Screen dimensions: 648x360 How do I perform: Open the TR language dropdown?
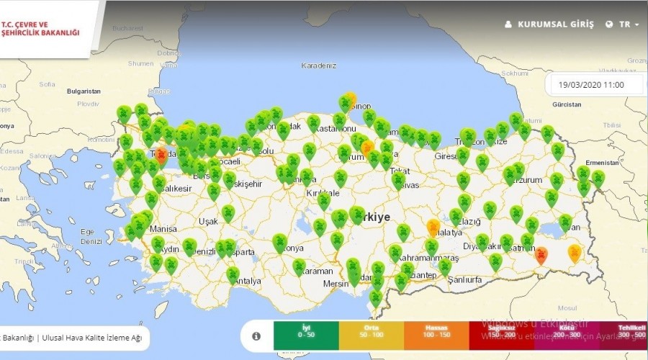pyautogui.click(x=623, y=24)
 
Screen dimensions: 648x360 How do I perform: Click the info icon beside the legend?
pyautogui.click(x=256, y=336)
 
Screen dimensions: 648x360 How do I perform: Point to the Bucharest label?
pyautogui.click(x=128, y=27)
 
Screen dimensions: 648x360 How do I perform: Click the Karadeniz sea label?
pyautogui.click(x=319, y=66)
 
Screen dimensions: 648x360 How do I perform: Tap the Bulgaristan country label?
pyautogui.click(x=84, y=91)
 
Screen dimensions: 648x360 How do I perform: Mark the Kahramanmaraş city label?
pyautogui.click(x=429, y=258)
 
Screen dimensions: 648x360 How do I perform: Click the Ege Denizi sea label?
pyautogui.click(x=92, y=236)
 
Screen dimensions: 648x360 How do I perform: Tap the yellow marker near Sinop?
pyautogui.click(x=351, y=99)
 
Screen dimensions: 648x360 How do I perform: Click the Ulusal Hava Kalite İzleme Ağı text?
pyautogui.click(x=91, y=336)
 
